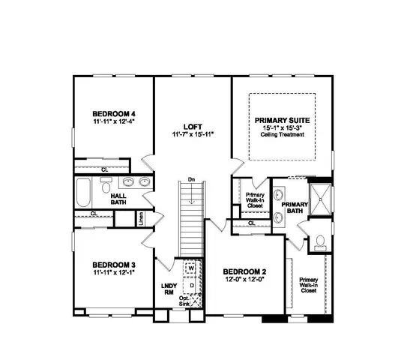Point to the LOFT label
(x=191, y=126)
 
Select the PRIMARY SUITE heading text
(x=282, y=119)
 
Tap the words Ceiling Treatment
(x=282, y=134)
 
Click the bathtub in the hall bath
(x=83, y=194)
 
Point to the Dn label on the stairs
(x=192, y=180)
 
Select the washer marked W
(x=191, y=268)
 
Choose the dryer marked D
(x=191, y=285)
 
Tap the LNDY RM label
(x=168, y=289)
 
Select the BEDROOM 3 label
(x=114, y=264)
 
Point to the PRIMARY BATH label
(x=295, y=207)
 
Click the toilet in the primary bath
(x=320, y=241)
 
